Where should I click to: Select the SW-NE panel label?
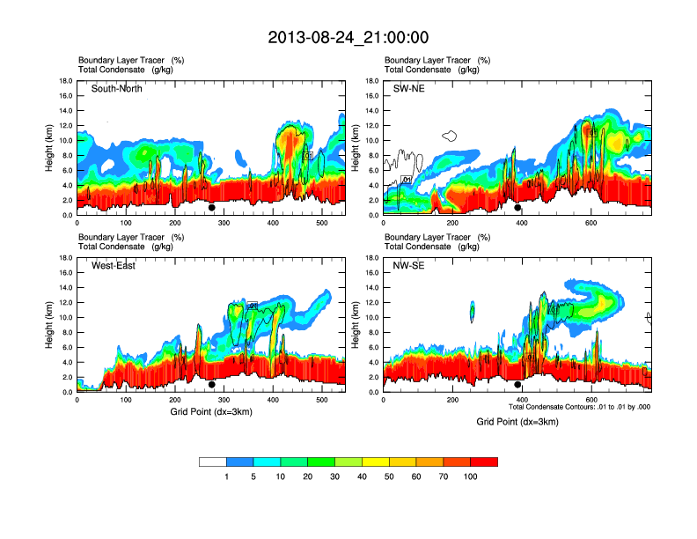coord(409,89)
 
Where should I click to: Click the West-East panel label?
coord(114,266)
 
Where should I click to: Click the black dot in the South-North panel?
coord(212,208)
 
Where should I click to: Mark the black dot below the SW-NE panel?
coord(518,208)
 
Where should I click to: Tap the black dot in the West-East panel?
coord(212,385)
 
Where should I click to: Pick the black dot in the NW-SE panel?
coord(518,385)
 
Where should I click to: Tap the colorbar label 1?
coord(227,476)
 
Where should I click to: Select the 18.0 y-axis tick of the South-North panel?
coord(65,81)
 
